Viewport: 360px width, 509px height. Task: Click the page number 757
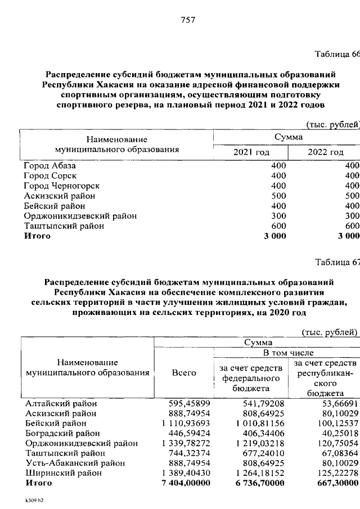[187, 20]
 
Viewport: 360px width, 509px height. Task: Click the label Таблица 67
[336, 262]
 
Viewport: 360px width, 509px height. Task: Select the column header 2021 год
[251, 152]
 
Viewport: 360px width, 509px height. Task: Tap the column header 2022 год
[325, 152]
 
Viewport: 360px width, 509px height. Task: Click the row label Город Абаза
[49, 166]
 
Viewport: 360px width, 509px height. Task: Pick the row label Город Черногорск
[61, 186]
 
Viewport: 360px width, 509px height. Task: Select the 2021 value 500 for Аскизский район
[278, 196]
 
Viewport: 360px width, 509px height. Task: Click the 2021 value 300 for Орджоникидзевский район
[278, 215]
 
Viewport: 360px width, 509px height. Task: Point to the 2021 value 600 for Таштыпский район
[278, 226]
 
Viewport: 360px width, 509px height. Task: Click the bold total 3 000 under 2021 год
[273, 236]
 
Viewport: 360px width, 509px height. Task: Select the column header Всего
[184, 372]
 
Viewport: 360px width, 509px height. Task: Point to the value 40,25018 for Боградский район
[336, 433]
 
